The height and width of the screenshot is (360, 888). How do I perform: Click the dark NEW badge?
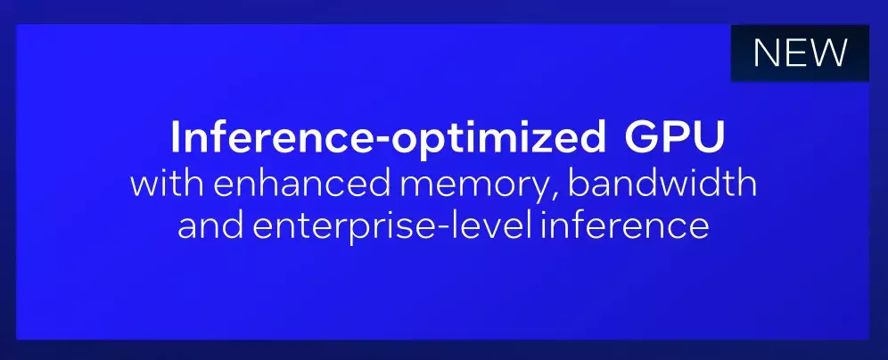click(800, 53)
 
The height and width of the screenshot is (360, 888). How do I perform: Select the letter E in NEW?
click(795, 53)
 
